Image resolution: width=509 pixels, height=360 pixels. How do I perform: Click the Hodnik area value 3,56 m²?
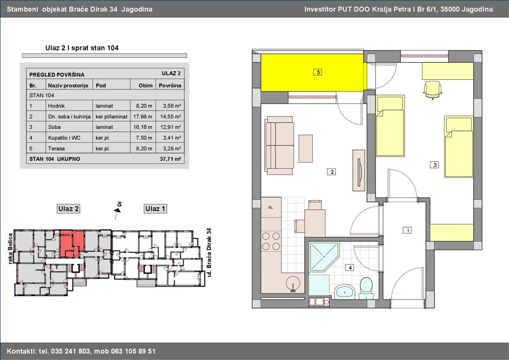point(172,106)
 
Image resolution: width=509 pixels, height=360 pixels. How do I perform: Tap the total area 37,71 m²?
point(170,159)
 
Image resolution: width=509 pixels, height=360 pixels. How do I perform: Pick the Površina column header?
point(170,85)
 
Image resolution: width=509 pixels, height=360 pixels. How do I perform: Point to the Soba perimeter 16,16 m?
point(143,127)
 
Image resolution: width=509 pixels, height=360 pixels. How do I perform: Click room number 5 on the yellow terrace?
point(318,72)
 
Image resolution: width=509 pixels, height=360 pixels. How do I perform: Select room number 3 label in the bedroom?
point(434,165)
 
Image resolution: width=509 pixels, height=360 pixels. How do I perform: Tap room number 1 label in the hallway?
point(407,230)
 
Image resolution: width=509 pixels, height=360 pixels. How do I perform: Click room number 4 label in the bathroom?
point(350,268)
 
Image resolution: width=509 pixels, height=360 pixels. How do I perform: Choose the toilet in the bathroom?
point(367,288)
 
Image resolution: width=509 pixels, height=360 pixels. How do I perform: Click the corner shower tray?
point(323,257)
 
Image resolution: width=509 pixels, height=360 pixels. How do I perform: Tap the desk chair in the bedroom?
point(433,89)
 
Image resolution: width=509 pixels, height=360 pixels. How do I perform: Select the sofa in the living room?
point(279,145)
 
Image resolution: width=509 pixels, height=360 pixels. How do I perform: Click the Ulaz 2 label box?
point(68,209)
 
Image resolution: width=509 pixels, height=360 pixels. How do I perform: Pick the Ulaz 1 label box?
point(155,209)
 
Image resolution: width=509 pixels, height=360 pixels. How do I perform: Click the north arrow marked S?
point(118,209)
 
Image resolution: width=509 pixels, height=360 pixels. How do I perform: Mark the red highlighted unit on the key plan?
point(71,243)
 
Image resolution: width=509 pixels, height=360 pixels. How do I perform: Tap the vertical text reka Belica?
point(10,248)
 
